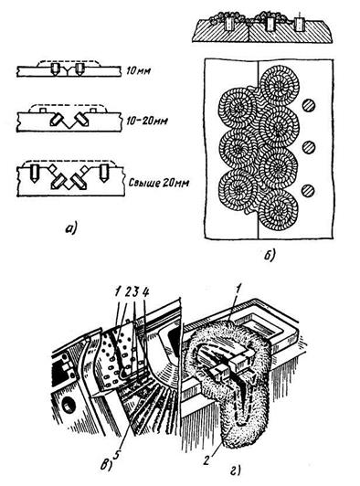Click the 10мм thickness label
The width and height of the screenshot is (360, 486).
[x=138, y=71]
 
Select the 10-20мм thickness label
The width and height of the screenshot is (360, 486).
[x=147, y=120]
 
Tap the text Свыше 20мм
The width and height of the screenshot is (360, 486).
[x=158, y=183]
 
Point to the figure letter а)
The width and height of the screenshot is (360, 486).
[x=71, y=228]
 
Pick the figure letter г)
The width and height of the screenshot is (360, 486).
[x=236, y=470]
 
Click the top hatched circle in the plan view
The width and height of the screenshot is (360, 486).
[x=308, y=106]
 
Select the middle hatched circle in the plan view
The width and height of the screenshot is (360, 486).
[x=308, y=147]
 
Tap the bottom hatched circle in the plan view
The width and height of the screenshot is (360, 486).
[x=308, y=191]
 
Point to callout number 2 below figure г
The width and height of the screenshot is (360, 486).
[x=206, y=460]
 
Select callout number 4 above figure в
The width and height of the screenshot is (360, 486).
[x=145, y=291]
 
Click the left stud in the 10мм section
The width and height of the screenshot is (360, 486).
[x=55, y=69]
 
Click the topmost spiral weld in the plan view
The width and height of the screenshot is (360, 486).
[x=280, y=85]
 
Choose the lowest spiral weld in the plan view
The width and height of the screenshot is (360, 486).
[x=279, y=209]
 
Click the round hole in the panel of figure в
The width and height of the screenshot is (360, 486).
[x=68, y=405]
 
